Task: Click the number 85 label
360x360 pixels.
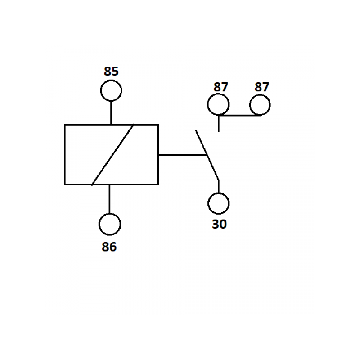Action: pyautogui.click(x=111, y=71)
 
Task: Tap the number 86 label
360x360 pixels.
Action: pyautogui.click(x=109, y=247)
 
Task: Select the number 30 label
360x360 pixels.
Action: pyautogui.click(x=219, y=224)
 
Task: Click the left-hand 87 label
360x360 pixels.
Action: pyautogui.click(x=220, y=87)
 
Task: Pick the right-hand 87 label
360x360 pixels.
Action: pyautogui.click(x=261, y=87)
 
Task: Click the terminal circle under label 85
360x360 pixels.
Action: pyautogui.click(x=111, y=80)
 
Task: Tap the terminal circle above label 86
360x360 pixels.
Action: pyautogui.click(x=110, y=214)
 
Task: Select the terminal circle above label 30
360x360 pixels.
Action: pyautogui.click(x=219, y=193)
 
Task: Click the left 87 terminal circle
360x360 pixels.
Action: pyautogui.click(x=218, y=94)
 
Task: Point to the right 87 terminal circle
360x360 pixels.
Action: pyautogui.click(x=260, y=95)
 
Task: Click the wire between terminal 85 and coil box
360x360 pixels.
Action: pyautogui.click(x=111, y=113)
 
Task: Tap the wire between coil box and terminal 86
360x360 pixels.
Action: pyautogui.click(x=109, y=199)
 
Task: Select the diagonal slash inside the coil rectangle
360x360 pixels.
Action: pyautogui.click(x=113, y=154)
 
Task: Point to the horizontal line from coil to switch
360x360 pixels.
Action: pyautogui.click(x=183, y=155)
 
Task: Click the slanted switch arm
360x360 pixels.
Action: pyautogui.click(x=207, y=155)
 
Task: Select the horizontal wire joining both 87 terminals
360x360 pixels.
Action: pyautogui.click(x=239, y=115)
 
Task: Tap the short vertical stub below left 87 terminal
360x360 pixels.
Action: pyautogui.click(x=219, y=123)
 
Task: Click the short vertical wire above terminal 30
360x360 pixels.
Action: pyautogui.click(x=218, y=186)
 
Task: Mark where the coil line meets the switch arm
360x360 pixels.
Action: pyautogui.click(x=207, y=155)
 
